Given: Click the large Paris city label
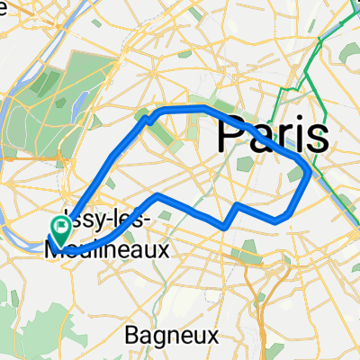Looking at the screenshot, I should click(272, 135).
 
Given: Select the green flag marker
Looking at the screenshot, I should click(59, 231).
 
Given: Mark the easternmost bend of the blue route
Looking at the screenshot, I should click(310, 171).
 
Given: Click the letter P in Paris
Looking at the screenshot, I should click(229, 135).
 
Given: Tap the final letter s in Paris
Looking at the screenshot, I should click(317, 137).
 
